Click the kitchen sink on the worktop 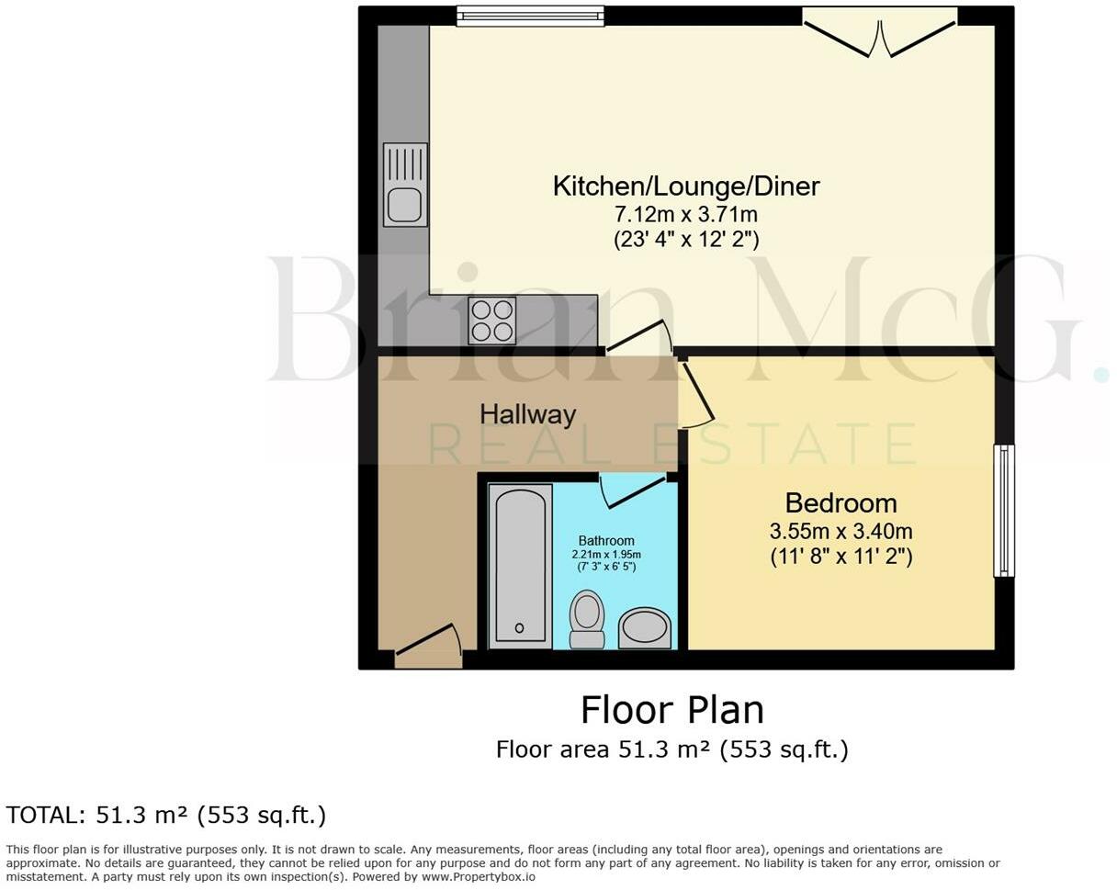(x=405, y=185)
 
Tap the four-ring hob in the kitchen (x=491, y=321)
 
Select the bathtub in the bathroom (x=520, y=566)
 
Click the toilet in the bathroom (x=587, y=619)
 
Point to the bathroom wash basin (x=645, y=628)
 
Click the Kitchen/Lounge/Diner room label (x=685, y=186)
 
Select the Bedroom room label (x=841, y=503)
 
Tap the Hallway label (x=527, y=414)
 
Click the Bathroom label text (x=605, y=541)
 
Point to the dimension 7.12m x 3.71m (x=685, y=215)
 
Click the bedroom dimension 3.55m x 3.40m (x=841, y=532)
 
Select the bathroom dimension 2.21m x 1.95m (x=606, y=555)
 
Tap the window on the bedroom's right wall (x=1004, y=511)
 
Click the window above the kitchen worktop (x=530, y=16)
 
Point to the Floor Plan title (x=671, y=711)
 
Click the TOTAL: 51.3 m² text (x=166, y=816)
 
